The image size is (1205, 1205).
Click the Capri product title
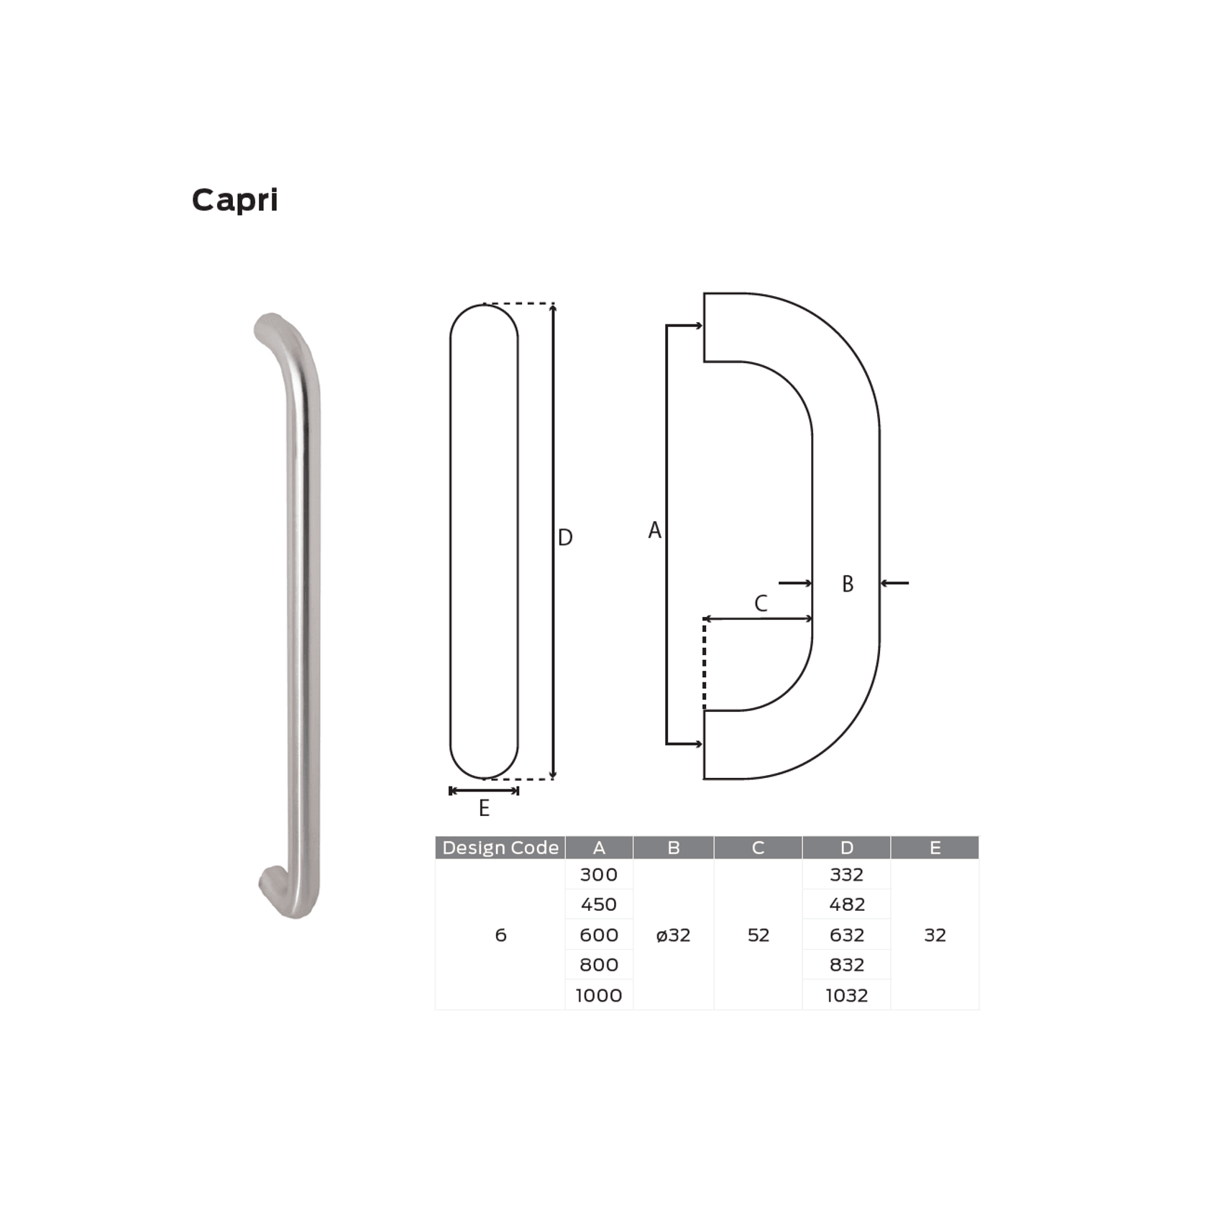click(x=234, y=200)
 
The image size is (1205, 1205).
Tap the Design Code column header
click(x=500, y=848)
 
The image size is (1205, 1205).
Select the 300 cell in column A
click(x=598, y=875)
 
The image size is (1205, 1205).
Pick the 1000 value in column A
click(x=598, y=996)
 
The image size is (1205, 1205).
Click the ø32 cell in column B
click(x=673, y=935)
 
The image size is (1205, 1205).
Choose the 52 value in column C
click(x=758, y=935)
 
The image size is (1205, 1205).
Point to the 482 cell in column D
click(x=846, y=904)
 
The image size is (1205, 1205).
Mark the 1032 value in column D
click(x=846, y=996)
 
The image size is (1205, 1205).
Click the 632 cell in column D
click(x=846, y=935)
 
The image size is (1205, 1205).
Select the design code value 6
click(x=500, y=935)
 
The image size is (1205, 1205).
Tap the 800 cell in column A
click(x=598, y=965)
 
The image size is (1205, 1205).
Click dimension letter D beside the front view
click(x=565, y=538)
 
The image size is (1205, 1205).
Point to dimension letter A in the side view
click(x=654, y=531)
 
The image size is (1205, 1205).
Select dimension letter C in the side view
click(x=761, y=603)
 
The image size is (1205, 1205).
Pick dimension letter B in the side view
click(x=848, y=584)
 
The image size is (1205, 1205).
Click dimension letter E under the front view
click(x=484, y=809)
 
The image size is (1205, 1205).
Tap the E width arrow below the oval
click(x=484, y=791)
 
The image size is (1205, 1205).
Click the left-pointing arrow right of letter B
click(x=895, y=583)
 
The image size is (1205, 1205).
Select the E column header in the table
click(x=935, y=848)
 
